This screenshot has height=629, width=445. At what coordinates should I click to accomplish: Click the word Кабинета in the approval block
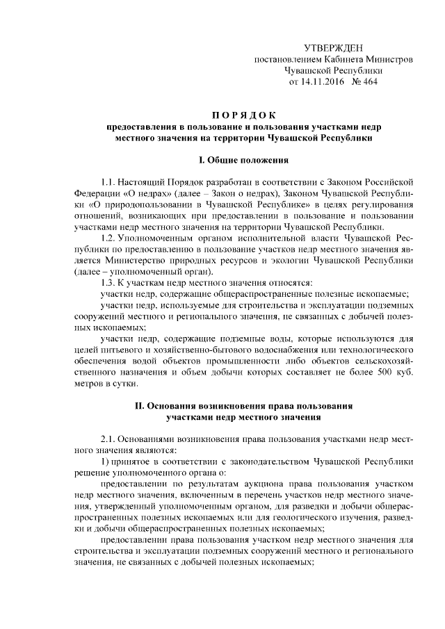348,59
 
